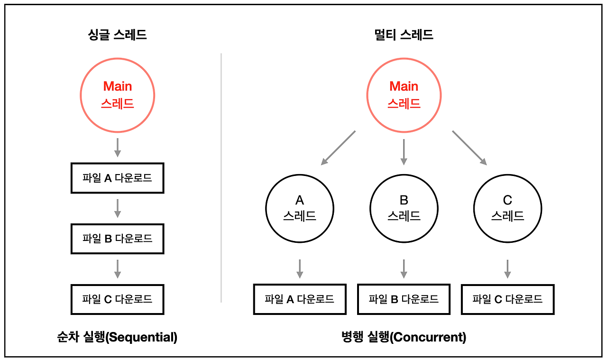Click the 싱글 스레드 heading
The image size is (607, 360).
point(118,35)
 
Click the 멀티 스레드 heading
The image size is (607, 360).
point(404,35)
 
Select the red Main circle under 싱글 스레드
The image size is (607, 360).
point(118,95)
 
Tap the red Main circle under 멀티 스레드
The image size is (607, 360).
point(404,95)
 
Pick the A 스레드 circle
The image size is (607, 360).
point(300,208)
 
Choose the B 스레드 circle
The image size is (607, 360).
point(404,208)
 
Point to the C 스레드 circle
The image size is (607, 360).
point(507,208)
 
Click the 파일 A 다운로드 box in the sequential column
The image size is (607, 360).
point(118,178)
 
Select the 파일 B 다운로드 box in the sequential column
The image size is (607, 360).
point(118,239)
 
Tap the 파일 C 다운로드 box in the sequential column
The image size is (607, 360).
point(118,299)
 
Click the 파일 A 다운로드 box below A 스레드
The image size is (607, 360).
point(300,299)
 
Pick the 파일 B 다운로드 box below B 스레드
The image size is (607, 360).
point(404,299)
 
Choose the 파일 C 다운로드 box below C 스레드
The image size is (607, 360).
point(507,299)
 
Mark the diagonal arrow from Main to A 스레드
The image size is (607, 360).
point(338,148)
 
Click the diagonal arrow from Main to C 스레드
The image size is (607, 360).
point(469,148)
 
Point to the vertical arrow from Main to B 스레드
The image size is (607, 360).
point(404,152)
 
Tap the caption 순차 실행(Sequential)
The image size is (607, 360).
point(117,337)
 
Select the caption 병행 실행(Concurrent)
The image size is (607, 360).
point(404,337)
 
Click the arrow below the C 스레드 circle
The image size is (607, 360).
point(507,268)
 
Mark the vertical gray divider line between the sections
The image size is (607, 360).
point(221,178)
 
